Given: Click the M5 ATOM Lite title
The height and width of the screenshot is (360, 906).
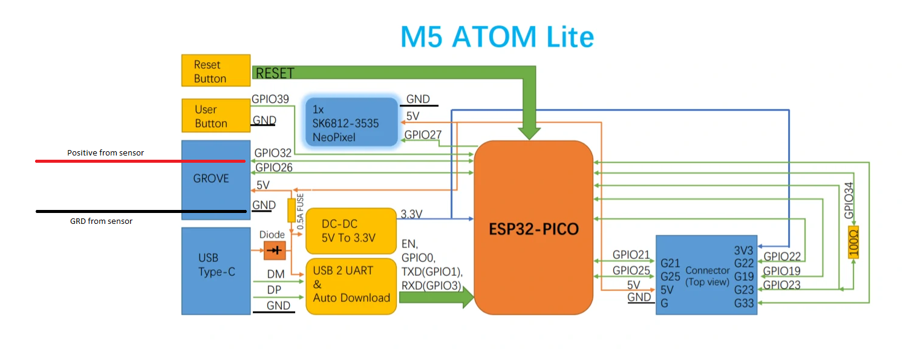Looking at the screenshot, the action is pos(497,37).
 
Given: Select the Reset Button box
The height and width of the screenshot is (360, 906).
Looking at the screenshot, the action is pos(216,70).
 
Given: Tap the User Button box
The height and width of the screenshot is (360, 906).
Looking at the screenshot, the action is pos(216,116).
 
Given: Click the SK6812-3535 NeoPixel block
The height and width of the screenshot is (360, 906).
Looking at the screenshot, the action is pos(351,122).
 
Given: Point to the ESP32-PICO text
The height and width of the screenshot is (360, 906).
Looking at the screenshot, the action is pos(533,229).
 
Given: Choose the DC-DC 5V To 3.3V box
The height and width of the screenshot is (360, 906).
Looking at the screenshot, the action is pos(351,231).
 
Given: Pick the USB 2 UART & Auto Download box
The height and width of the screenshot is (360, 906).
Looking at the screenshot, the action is pos(351,286).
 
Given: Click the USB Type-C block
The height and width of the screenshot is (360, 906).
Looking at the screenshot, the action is pos(216,271).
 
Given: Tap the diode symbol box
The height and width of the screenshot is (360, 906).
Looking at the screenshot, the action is pos(275,250).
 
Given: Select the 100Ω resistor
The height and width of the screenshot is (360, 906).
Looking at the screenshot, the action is pos(853,242).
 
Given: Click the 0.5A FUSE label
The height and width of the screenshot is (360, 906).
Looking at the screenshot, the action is pos(300,212).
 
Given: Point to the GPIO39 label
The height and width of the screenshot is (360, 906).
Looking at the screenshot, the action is pos(270,99).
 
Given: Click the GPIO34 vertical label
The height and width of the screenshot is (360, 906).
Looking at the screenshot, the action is pos(849,200).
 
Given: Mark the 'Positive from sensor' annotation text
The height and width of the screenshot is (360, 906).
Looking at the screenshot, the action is pos(106,153).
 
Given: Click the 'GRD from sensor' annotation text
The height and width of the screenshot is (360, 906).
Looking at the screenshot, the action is pos(101,221).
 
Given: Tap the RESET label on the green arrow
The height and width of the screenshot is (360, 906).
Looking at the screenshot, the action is pos(275,73).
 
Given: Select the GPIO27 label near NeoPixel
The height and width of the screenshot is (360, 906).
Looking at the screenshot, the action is pos(423,135).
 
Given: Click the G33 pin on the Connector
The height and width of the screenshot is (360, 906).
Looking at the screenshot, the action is pos(744,303).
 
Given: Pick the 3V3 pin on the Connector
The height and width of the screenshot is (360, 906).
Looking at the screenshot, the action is pos(744,250).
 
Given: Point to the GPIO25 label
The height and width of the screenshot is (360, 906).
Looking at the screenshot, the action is pos(631,270).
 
